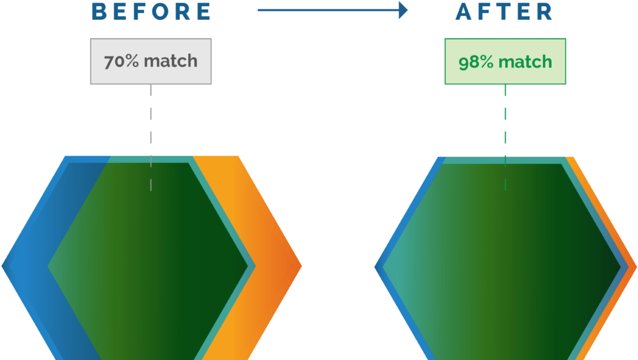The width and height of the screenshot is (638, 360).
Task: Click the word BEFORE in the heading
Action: tap(151, 12)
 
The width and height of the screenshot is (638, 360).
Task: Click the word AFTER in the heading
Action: tap(504, 12)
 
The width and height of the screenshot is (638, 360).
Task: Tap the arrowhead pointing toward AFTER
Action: tap(404, 10)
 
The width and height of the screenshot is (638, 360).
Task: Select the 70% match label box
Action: tap(151, 61)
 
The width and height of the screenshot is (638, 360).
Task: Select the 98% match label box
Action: tap(505, 61)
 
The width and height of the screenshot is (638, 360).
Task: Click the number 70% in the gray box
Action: tap(122, 61)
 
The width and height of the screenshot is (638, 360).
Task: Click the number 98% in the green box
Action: tap(476, 62)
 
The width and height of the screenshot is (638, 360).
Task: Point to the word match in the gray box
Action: tap(171, 61)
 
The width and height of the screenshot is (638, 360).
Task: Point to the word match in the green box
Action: tap(525, 62)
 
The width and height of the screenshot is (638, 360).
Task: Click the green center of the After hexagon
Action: tap(503, 267)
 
